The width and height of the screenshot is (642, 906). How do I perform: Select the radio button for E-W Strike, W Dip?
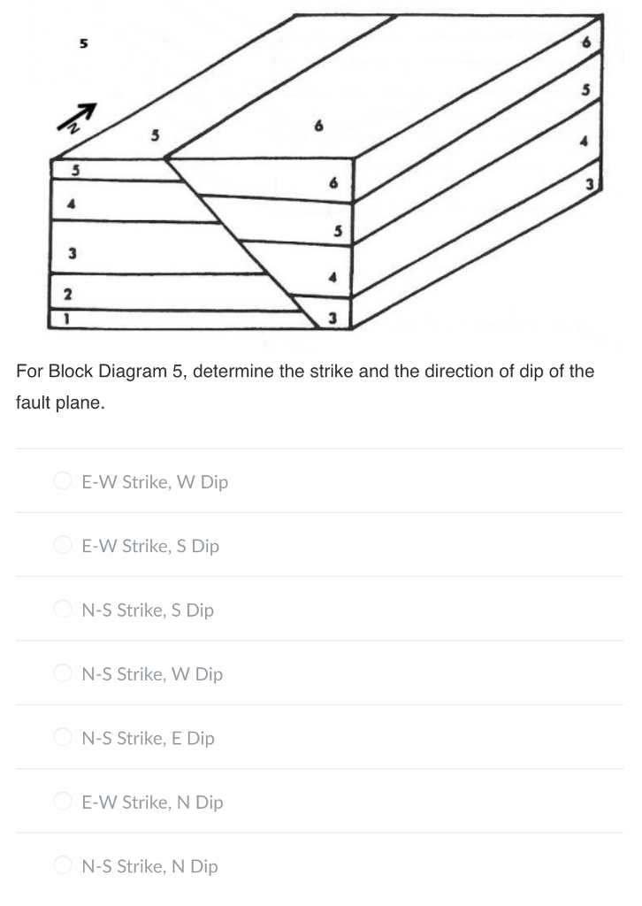click(x=63, y=482)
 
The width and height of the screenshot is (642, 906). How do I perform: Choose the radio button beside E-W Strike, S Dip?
click(x=63, y=546)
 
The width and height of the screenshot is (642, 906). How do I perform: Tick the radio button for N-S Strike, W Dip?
click(x=63, y=674)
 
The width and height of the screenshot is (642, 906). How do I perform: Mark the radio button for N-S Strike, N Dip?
click(x=63, y=866)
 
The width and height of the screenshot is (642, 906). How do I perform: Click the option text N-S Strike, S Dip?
click(x=148, y=610)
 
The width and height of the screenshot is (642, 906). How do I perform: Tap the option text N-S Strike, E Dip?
click(x=148, y=738)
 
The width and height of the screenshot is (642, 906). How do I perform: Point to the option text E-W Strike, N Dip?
click(x=152, y=802)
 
